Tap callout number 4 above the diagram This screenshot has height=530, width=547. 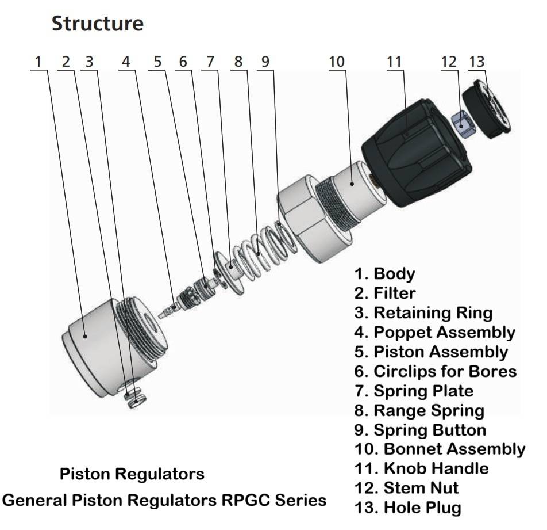coord(125,62)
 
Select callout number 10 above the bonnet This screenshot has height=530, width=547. coord(337,62)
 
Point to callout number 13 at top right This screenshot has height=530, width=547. coord(478,62)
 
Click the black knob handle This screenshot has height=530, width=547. coord(416,150)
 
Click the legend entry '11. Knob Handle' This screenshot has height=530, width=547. coord(421,468)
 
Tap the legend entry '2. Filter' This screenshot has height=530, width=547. coord(384,293)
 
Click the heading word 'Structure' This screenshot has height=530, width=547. coord(98,24)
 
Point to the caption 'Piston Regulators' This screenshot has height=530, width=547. coord(132,474)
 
